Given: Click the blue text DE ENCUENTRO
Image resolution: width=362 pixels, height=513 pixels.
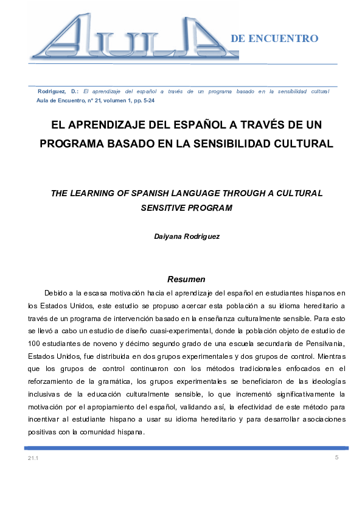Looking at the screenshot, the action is click(x=274, y=38).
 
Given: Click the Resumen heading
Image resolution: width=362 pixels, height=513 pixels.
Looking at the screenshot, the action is click(x=186, y=280).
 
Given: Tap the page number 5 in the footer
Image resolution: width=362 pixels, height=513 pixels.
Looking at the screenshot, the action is click(x=336, y=457).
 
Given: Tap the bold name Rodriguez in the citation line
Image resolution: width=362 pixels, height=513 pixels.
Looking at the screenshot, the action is click(x=51, y=91).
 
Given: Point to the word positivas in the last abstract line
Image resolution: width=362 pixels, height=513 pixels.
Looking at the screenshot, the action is click(x=43, y=432).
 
